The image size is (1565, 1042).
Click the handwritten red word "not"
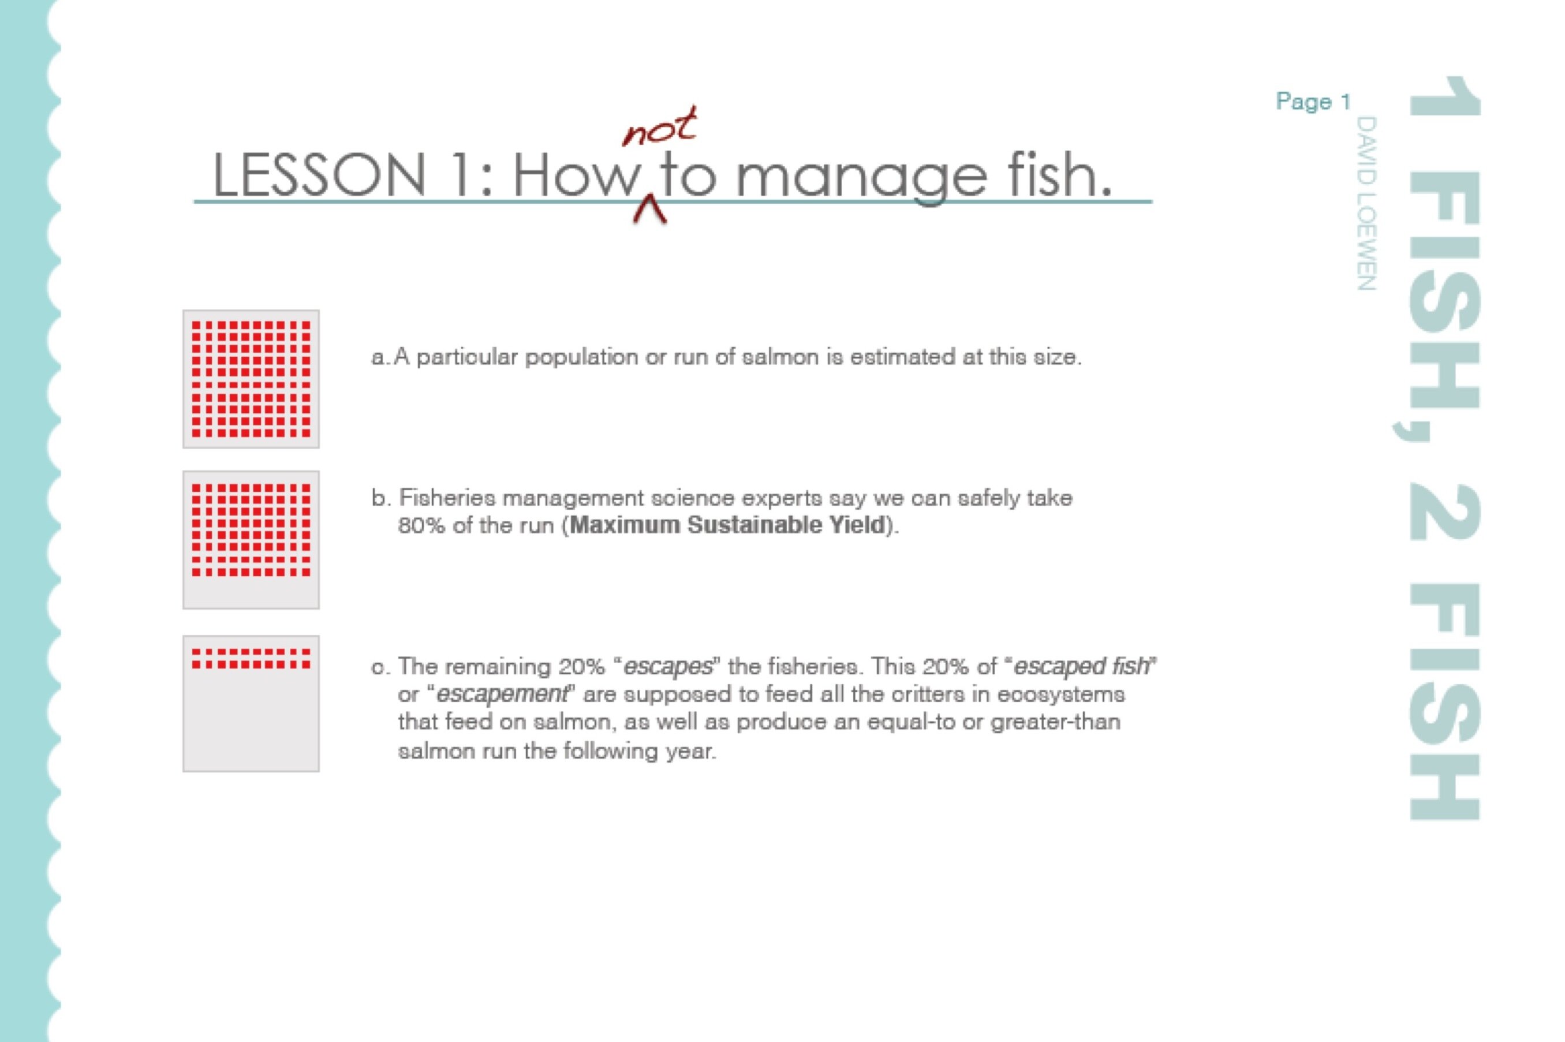660,127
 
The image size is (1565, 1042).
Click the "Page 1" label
1313,102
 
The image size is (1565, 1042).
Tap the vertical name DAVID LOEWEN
1366,204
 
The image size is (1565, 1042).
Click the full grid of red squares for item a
251,379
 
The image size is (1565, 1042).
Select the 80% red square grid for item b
251,529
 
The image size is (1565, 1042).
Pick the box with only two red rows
251,704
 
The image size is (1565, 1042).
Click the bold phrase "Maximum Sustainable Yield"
728,525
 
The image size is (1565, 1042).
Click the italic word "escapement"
502,694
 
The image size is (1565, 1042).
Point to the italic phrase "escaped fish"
1081,666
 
